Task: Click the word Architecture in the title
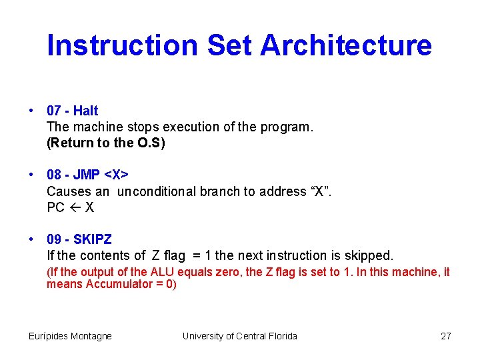[x=346, y=45]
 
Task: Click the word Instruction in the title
[x=123, y=45]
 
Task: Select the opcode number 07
[x=54, y=111]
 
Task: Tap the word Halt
[x=86, y=111]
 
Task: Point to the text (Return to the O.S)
[x=105, y=143]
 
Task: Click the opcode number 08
[x=54, y=175]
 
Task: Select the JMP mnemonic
[x=86, y=175]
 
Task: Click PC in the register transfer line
[x=55, y=207]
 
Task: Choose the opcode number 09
[x=54, y=239]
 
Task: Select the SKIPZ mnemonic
[x=93, y=239]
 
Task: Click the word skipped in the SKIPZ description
[x=368, y=255]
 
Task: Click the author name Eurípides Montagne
[x=70, y=336]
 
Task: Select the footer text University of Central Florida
[x=240, y=336]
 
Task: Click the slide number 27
[x=446, y=336]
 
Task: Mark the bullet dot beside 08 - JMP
[x=31, y=175]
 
